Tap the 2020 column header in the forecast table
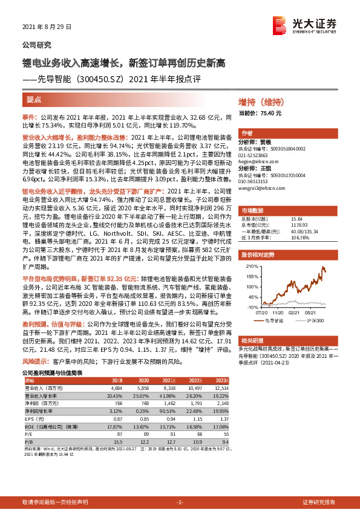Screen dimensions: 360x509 pos(143,380)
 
